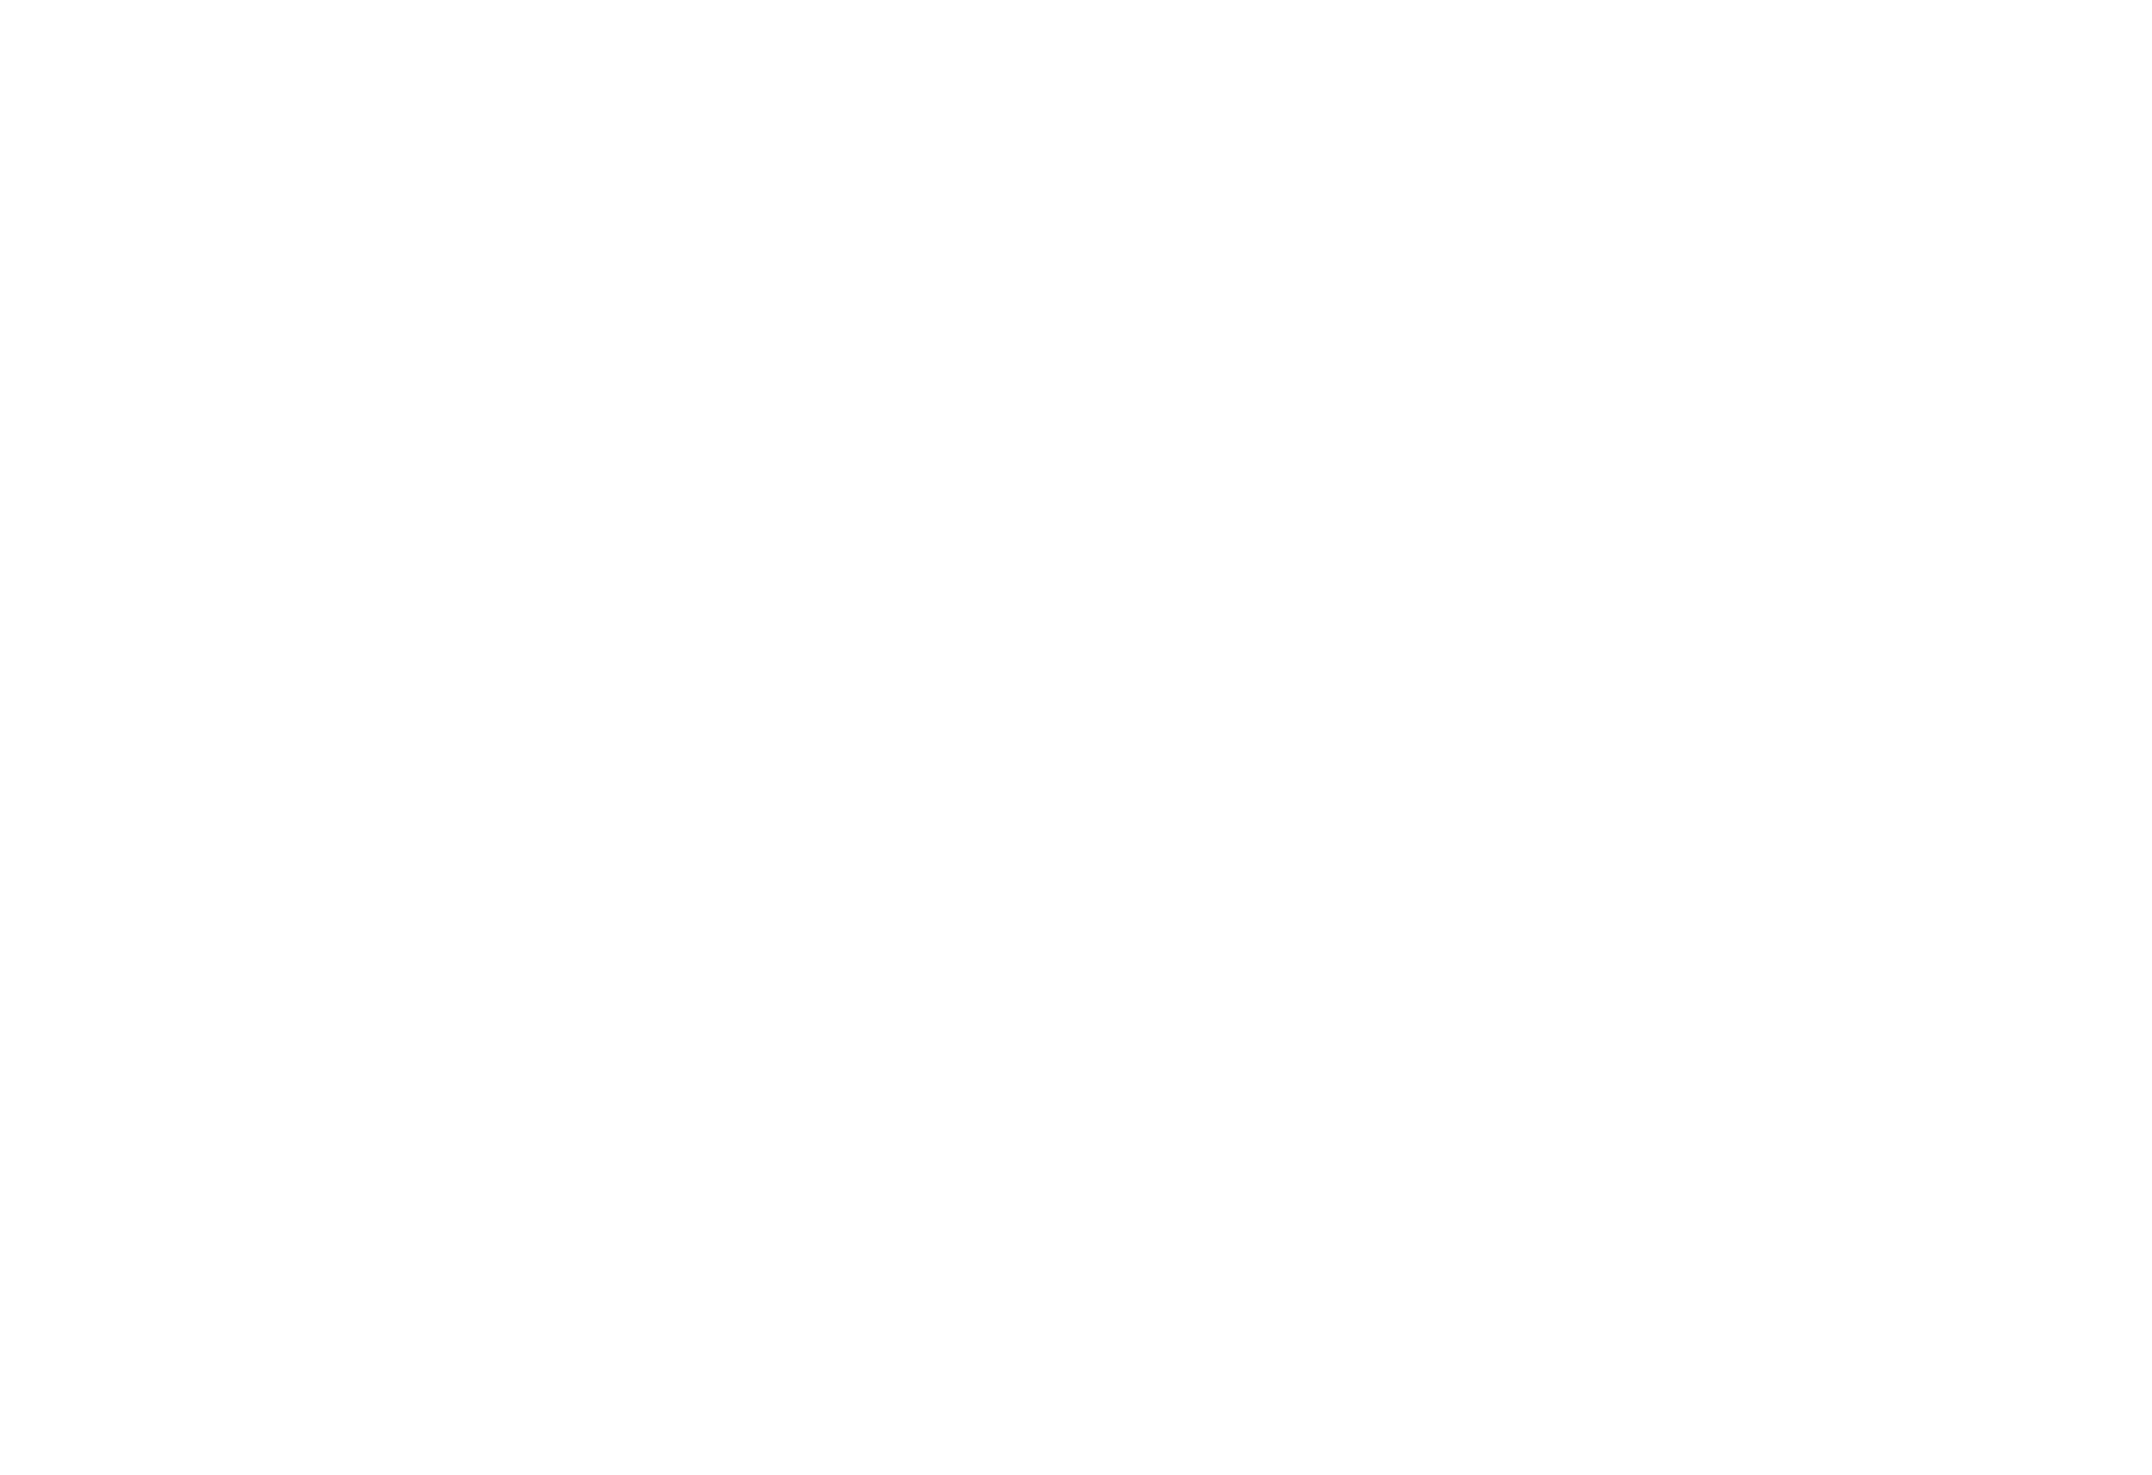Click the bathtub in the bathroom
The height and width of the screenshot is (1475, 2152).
(1678, 793)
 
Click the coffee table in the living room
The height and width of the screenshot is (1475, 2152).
(618, 429)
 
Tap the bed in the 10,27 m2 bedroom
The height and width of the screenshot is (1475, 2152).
(1633, 477)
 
